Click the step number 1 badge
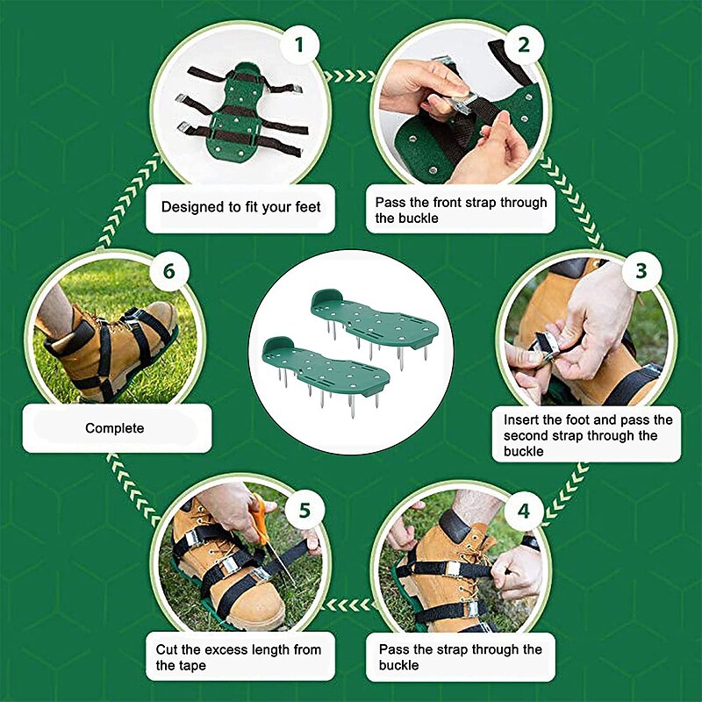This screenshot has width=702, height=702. (300, 44)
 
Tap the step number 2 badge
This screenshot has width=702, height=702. (524, 44)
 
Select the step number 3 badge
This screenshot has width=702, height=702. (641, 271)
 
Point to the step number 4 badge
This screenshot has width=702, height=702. (524, 510)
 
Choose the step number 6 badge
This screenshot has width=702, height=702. (168, 271)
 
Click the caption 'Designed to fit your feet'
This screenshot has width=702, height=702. (240, 208)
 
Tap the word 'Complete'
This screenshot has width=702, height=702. (114, 428)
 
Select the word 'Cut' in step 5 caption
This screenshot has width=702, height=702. (168, 650)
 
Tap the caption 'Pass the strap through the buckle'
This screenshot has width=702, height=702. (460, 657)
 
